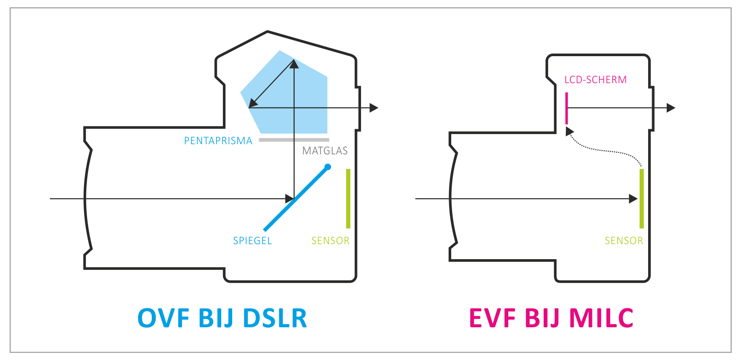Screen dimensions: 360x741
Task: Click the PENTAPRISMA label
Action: [218, 141]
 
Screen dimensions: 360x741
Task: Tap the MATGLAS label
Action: [325, 151]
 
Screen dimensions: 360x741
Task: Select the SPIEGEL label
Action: [252, 241]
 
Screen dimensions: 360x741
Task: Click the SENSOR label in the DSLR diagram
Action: [330, 241]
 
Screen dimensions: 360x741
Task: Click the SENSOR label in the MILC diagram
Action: [624, 241]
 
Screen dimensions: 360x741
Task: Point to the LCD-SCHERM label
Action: [595, 80]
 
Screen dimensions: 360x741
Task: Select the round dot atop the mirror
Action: [328, 167]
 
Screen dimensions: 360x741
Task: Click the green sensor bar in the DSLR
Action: [348, 199]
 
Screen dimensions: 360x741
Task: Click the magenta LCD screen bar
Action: [566, 108]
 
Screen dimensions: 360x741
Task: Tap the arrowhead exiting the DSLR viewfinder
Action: [374, 107]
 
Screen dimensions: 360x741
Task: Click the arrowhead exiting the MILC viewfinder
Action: [671, 107]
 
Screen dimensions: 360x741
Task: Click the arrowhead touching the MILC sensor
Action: [633, 199]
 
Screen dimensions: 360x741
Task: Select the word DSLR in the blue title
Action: [275, 318]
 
